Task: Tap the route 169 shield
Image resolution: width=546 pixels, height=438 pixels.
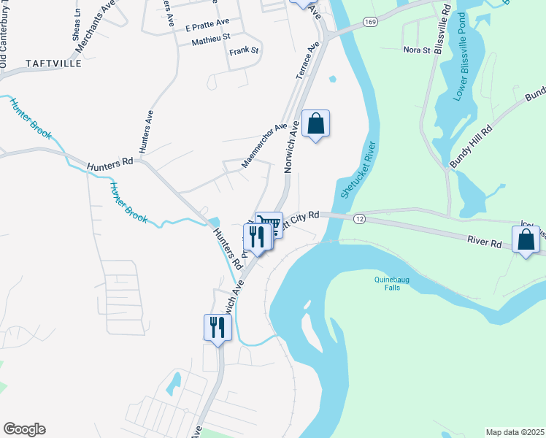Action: (372, 23)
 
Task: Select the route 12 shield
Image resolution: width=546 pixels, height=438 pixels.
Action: (358, 219)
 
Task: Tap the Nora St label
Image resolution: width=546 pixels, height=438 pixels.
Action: (417, 50)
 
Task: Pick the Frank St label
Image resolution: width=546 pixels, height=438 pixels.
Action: (244, 51)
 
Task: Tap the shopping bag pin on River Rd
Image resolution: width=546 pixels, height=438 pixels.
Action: (526, 239)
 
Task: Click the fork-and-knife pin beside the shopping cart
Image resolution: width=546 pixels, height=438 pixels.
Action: (255, 237)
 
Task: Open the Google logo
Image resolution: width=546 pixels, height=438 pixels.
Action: (24, 430)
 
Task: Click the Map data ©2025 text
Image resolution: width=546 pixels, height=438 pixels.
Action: (515, 432)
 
